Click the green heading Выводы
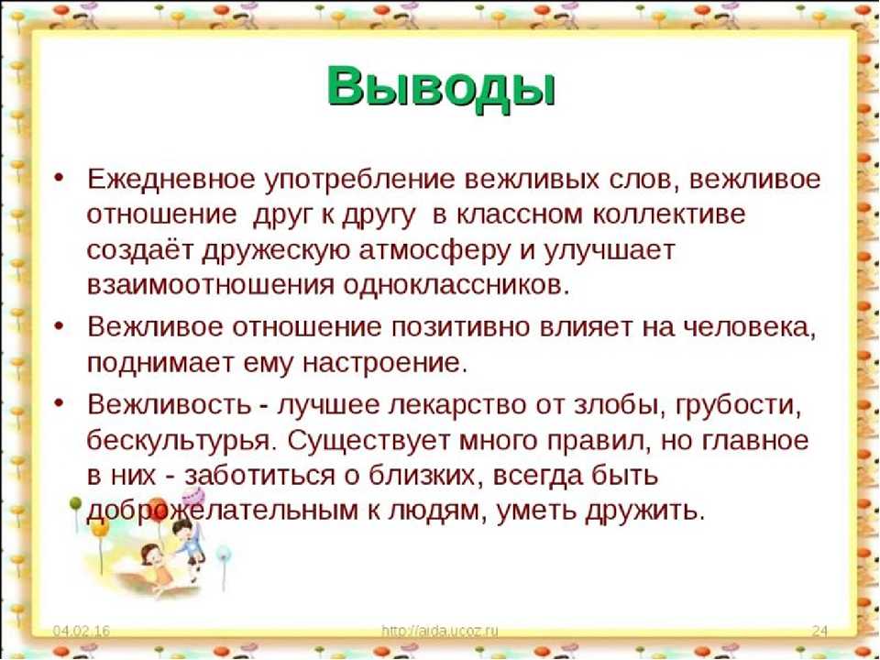(441, 88)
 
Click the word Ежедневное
(171, 179)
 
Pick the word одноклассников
(456, 285)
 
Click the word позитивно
(461, 327)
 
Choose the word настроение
(384, 364)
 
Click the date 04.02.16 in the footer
(82, 631)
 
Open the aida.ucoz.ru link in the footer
(439, 631)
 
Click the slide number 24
(819, 631)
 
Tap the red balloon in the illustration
(159, 507)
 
